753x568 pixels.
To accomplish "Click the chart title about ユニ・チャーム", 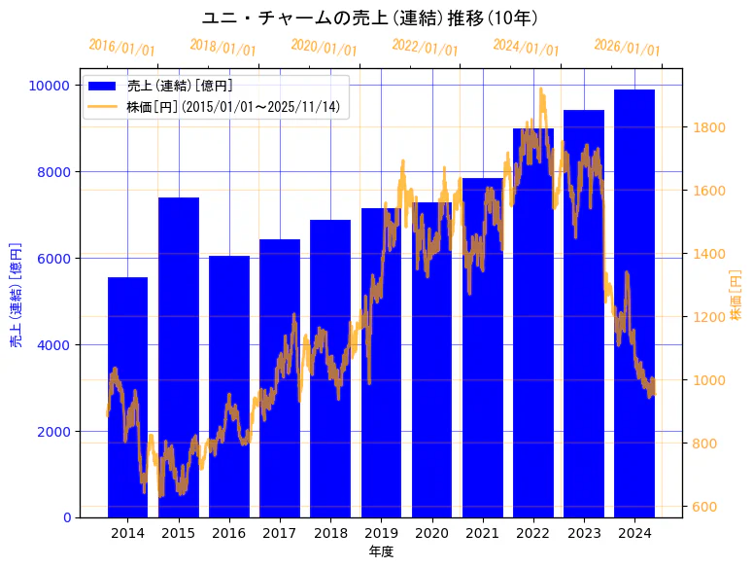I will (376, 18).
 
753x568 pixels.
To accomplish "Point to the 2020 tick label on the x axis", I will (431, 533).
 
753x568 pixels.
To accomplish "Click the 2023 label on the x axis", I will (584, 533).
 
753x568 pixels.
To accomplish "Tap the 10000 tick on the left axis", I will (51, 86).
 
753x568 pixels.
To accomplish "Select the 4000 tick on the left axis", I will (54, 344).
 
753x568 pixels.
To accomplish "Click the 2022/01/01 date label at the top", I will (425, 47).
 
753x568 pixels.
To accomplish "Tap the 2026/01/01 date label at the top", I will (627, 49).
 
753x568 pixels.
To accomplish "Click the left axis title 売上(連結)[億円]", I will (16, 296).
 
